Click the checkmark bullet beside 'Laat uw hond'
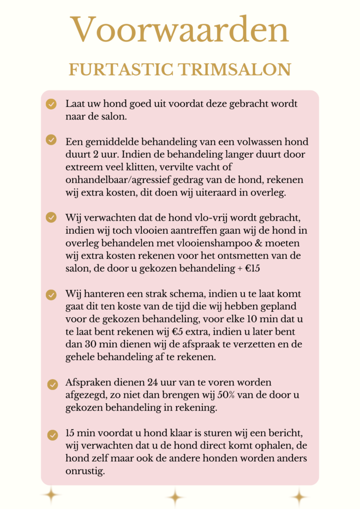(51, 104)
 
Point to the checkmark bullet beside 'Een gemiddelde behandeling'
(51, 140)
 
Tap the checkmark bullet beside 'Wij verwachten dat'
(51, 217)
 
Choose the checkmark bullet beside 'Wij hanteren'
(51, 295)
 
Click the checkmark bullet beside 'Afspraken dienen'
(52, 384)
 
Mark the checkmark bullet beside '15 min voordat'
(52, 435)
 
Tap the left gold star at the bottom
(50, 495)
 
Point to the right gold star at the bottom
(299, 497)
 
